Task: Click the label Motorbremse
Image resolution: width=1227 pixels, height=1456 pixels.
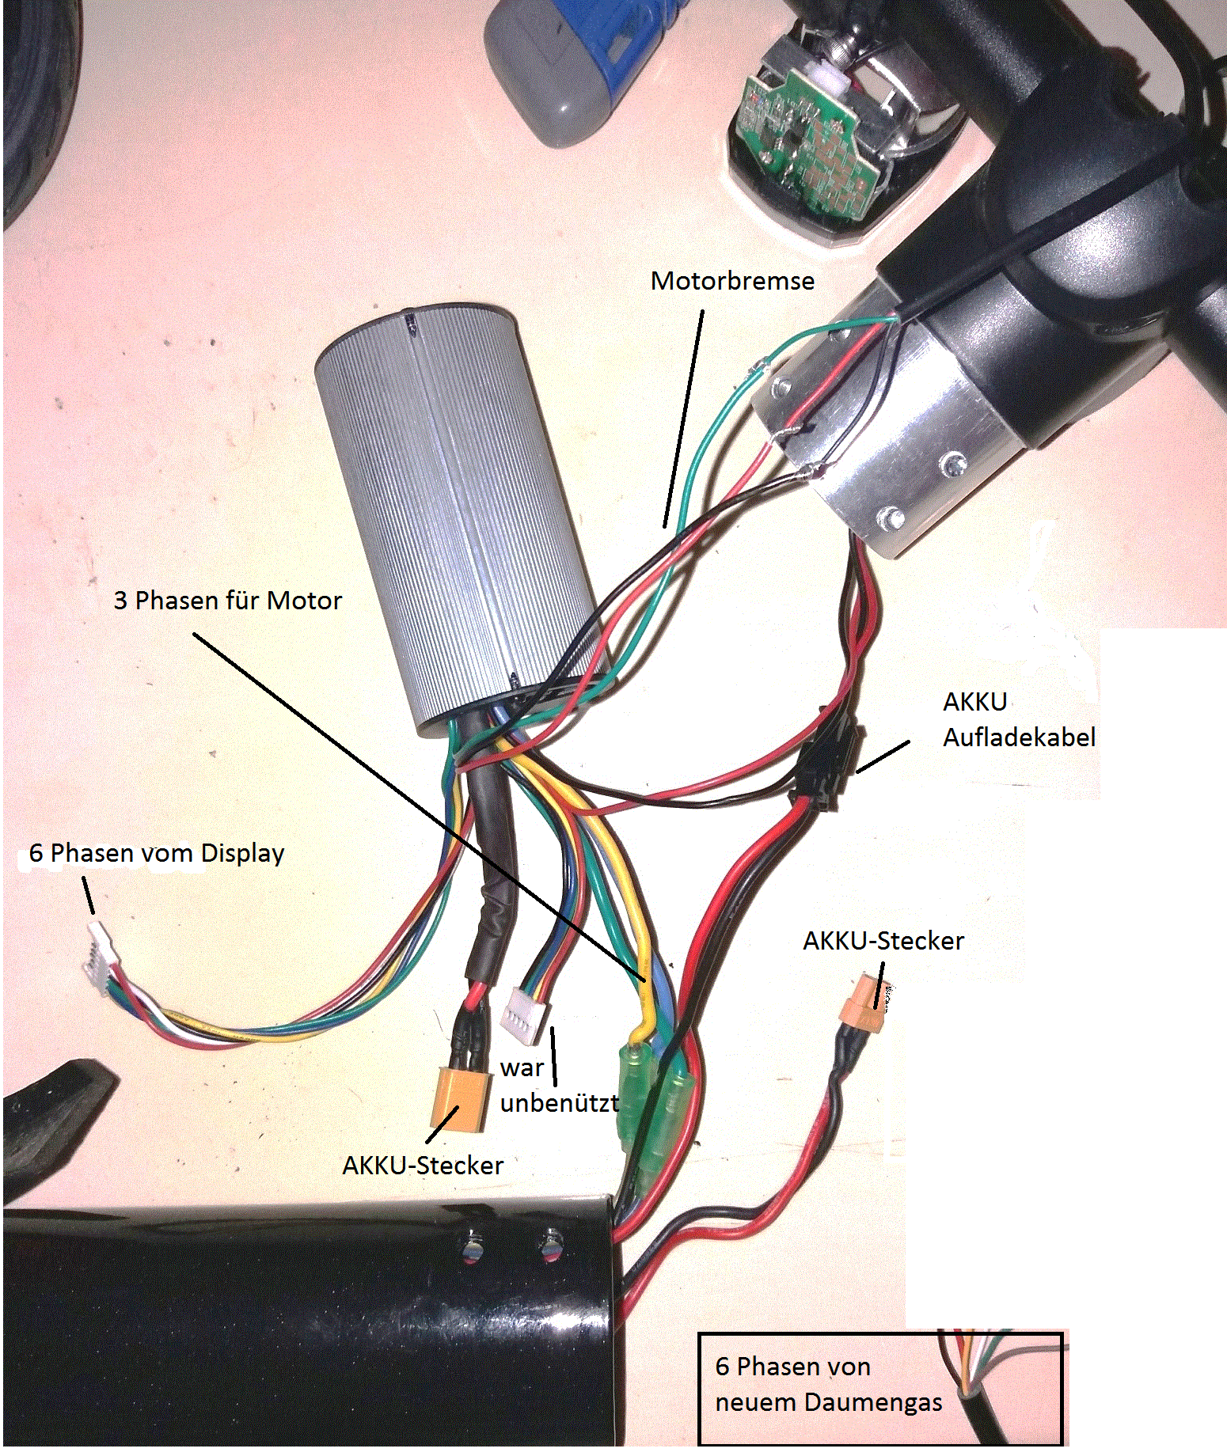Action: (x=732, y=281)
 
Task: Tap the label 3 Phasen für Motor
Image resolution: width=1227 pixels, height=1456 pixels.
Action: (x=227, y=601)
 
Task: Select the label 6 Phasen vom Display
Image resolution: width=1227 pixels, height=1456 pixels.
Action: (x=156, y=853)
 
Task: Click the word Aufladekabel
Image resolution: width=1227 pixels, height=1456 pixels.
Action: (x=1019, y=737)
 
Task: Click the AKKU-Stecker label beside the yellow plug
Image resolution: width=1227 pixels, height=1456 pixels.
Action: (x=423, y=1166)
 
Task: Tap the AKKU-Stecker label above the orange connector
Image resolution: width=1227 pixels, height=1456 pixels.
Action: (x=883, y=941)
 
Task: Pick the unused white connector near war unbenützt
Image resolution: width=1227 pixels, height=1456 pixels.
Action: (x=522, y=1017)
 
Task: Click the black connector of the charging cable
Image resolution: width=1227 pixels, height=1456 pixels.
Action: (x=828, y=760)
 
